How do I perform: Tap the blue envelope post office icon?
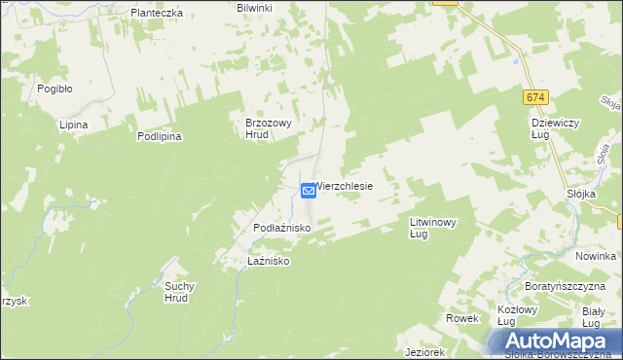308,191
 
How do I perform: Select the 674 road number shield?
535,98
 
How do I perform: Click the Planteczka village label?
157,14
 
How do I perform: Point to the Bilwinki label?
255,8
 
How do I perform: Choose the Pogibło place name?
55,88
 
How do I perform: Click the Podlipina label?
159,137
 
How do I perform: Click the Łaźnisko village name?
270,262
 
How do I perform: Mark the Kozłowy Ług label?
519,315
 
